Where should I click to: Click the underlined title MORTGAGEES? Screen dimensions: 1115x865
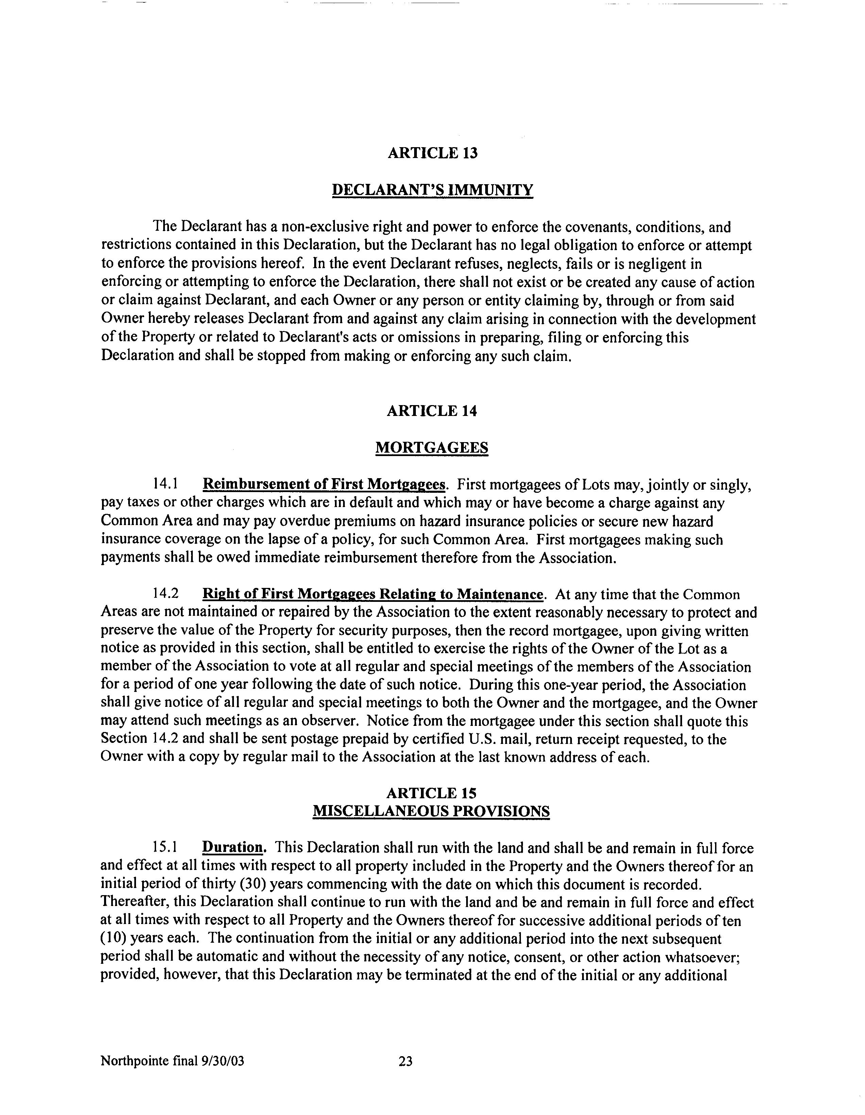point(432,448)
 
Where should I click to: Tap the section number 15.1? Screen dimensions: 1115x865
point(165,848)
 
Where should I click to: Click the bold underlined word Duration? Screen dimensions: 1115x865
point(233,848)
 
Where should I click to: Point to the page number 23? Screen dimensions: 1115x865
point(405,1062)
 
